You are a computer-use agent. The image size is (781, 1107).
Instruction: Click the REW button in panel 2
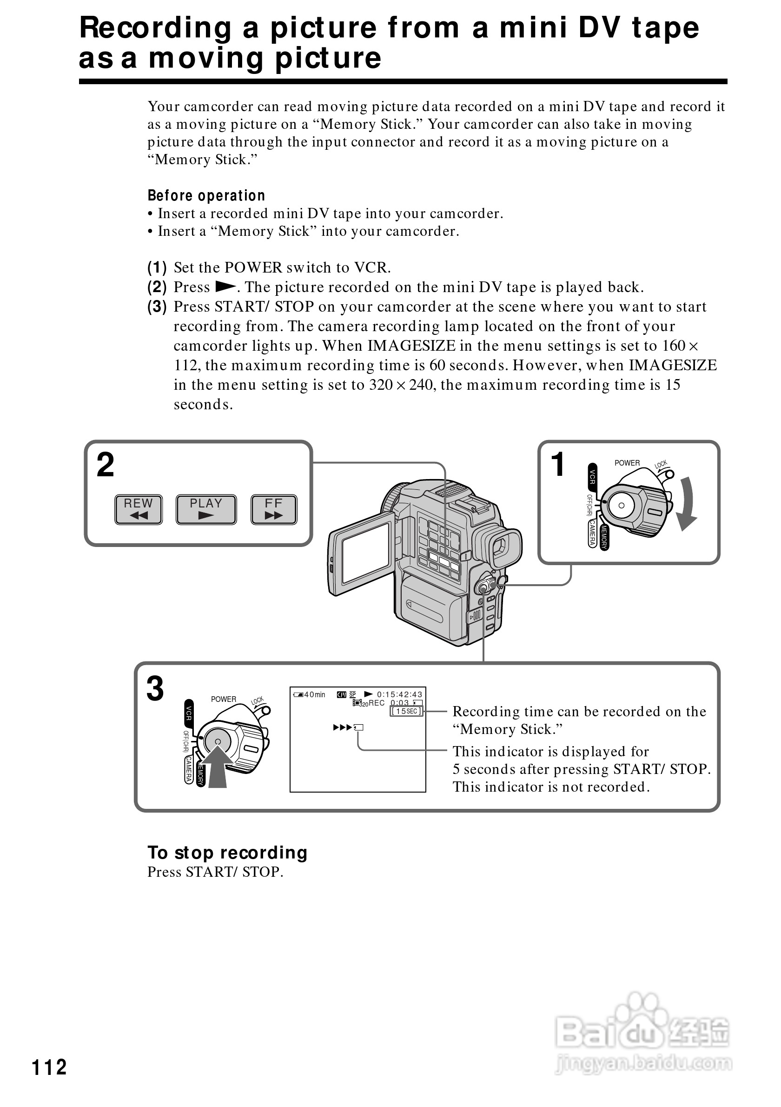tap(138, 509)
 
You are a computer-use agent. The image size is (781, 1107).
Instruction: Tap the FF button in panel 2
tap(274, 509)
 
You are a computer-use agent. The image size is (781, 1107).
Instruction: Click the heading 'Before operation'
tap(206, 195)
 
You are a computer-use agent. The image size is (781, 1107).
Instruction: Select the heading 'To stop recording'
tap(227, 853)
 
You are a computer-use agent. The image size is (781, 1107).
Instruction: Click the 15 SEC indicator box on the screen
tap(406, 711)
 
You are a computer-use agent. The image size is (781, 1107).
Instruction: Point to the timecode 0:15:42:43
tap(399, 694)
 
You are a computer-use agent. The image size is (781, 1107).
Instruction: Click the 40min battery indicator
tap(310, 695)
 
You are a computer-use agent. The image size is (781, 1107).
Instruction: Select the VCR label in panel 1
tap(593, 477)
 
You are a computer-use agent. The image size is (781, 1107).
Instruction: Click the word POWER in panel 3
tap(224, 699)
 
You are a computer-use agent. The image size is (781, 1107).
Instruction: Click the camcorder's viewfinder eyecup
tap(505, 547)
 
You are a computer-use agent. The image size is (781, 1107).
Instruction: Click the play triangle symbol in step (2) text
tap(225, 287)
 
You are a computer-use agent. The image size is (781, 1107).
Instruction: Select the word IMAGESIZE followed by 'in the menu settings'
tap(411, 346)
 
